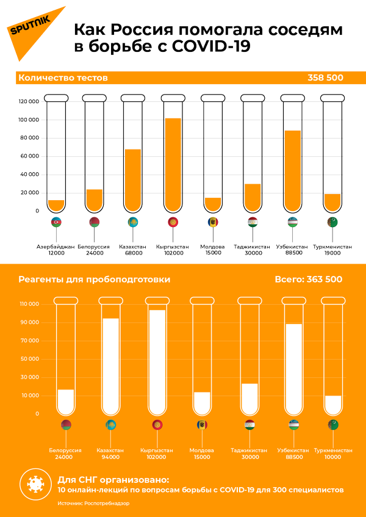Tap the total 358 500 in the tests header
pyautogui.click(x=325, y=78)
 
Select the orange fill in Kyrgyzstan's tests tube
pyautogui.click(x=173, y=165)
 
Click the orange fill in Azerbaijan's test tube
pyautogui.click(x=56, y=206)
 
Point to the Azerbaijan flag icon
pyautogui.click(x=56, y=223)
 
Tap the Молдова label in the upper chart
pyautogui.click(x=212, y=247)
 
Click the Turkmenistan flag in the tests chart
pyautogui.click(x=332, y=223)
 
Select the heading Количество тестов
pyautogui.click(x=63, y=78)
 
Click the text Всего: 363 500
pyautogui.click(x=308, y=280)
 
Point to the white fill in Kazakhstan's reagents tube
pyautogui.click(x=110, y=366)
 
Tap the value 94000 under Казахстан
pyautogui.click(x=110, y=457)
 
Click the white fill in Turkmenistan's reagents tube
pyautogui.click(x=333, y=405)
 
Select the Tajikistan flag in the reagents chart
pyautogui.click(x=250, y=425)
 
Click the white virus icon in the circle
pyautogui.click(x=36, y=485)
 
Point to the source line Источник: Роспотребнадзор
pyautogui.click(x=93, y=504)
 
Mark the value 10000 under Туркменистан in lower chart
pyautogui.click(x=333, y=457)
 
